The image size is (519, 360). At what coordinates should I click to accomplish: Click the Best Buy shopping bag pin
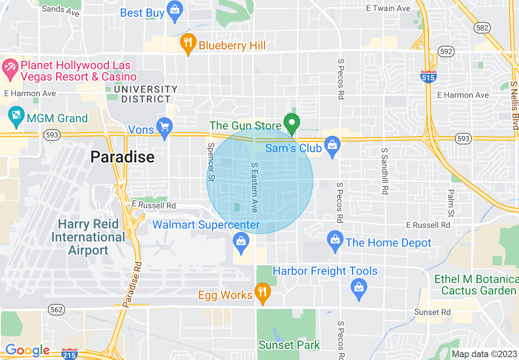tap(175, 12)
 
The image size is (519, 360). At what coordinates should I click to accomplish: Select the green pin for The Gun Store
tap(291, 124)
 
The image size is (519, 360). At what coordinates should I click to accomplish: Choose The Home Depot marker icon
tap(335, 242)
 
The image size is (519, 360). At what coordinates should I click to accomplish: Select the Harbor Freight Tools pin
tap(359, 290)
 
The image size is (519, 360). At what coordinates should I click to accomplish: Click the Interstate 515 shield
tap(428, 77)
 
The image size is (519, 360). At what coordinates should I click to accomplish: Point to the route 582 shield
tap(481, 28)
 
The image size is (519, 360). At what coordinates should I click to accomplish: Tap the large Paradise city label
tap(122, 157)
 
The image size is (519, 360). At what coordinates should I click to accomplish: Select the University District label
tap(146, 94)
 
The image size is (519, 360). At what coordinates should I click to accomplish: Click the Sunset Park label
tap(289, 345)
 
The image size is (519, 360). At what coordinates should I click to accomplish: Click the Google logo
tap(27, 351)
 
